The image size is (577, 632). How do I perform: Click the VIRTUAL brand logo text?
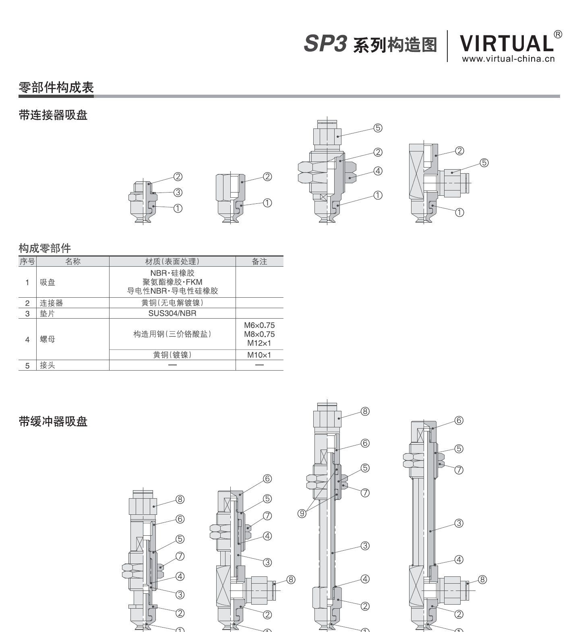506,43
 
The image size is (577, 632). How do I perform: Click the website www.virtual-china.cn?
508,59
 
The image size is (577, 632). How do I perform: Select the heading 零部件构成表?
56,87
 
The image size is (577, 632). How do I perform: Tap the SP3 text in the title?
325,44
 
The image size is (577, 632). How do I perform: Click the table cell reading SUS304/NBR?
172,313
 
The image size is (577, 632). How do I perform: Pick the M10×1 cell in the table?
259,355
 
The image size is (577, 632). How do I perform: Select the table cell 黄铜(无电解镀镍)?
172,303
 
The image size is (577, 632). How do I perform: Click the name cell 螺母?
48,339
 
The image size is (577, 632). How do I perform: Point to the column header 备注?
259,261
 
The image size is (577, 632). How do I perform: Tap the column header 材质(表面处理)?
172,261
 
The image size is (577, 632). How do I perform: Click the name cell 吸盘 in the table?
48,282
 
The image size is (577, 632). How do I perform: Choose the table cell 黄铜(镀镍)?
172,355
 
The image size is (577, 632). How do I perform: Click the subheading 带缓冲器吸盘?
53,422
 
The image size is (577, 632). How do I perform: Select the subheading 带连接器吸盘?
53,115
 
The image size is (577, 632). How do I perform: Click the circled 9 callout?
302,514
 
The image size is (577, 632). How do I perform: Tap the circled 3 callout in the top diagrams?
178,193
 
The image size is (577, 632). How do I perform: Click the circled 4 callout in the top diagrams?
378,171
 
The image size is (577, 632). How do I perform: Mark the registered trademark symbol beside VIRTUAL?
558,34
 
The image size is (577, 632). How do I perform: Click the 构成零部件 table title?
45,248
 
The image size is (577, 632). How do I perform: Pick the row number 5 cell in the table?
27,366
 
